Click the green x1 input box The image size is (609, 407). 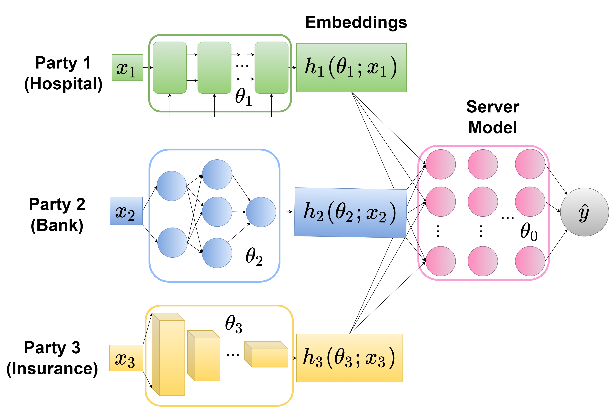(x=127, y=67)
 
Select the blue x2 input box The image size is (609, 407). (x=127, y=211)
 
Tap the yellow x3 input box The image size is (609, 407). (x=126, y=358)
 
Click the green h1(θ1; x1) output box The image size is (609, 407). (x=351, y=67)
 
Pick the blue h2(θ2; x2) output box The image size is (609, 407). (x=350, y=213)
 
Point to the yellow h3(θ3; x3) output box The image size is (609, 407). (x=349, y=358)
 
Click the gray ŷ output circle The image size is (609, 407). (x=584, y=212)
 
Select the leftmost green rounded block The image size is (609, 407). (x=170, y=67)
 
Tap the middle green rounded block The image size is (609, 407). (x=214, y=67)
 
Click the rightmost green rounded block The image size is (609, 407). (x=272, y=67)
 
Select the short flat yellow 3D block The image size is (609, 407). (x=270, y=358)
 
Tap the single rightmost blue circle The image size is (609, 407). (x=261, y=212)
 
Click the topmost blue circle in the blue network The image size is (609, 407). (x=217, y=174)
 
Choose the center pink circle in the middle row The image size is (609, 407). (x=483, y=201)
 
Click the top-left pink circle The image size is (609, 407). (x=441, y=164)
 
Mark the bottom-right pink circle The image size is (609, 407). (x=530, y=261)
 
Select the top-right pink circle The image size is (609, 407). (x=530, y=164)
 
